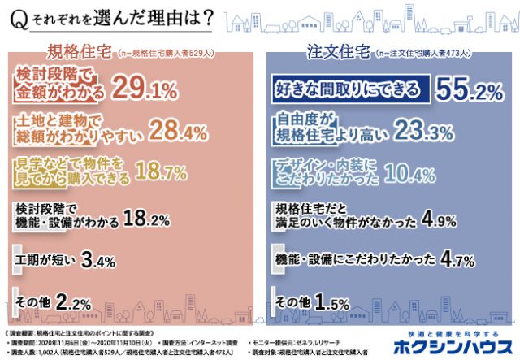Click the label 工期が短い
pos(43,261)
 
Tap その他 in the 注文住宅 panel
pos(295,302)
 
